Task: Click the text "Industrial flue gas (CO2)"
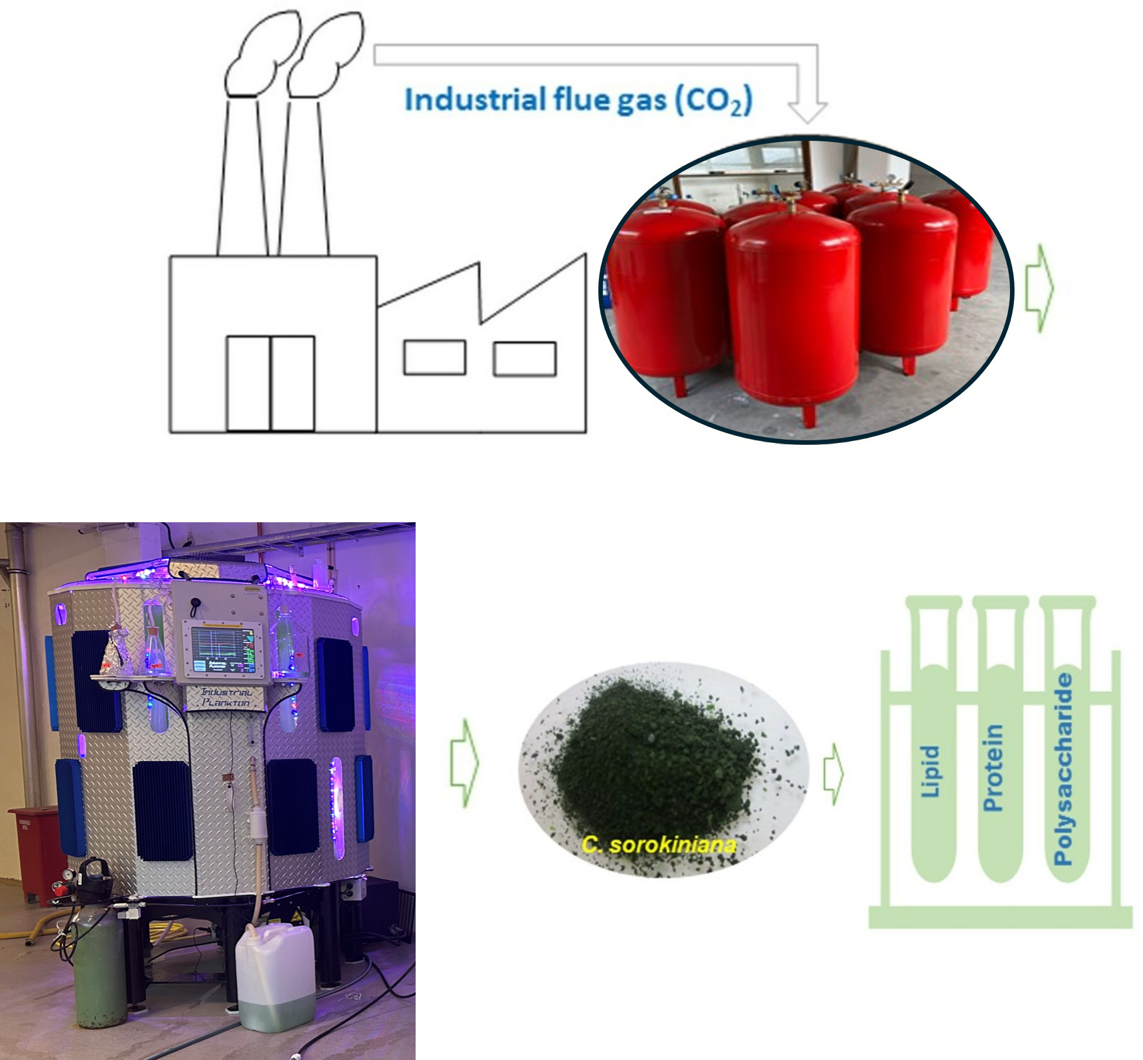coord(578,101)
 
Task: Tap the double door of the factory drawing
coord(270,383)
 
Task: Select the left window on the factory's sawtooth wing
coord(434,358)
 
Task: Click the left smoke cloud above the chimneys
coord(261,55)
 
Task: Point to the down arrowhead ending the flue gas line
coord(807,111)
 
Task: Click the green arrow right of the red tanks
coord(1039,288)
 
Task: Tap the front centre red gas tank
coord(792,316)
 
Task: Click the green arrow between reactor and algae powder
coord(463,764)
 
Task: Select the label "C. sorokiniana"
coord(658,844)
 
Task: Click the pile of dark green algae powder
coord(658,762)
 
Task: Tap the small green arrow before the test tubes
coord(833,774)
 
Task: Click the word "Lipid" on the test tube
coord(929,771)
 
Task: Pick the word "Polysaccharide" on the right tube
coord(1063,768)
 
